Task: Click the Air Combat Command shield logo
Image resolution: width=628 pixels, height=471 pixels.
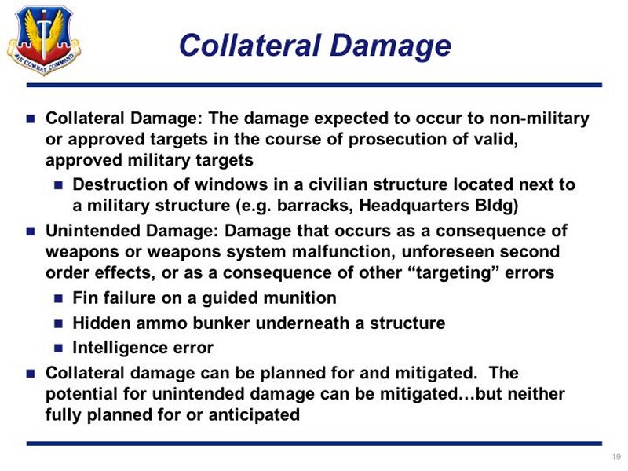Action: [44, 40]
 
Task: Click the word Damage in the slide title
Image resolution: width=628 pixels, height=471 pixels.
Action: [390, 46]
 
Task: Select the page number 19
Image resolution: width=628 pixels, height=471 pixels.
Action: [616, 457]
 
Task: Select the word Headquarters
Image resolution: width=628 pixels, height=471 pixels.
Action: [414, 206]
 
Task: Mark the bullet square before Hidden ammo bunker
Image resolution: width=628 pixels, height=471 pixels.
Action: [58, 323]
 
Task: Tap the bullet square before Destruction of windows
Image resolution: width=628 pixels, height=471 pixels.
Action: [58, 185]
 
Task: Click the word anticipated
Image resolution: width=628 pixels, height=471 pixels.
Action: [254, 415]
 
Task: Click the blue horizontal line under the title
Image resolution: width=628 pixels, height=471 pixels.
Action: [315, 86]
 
